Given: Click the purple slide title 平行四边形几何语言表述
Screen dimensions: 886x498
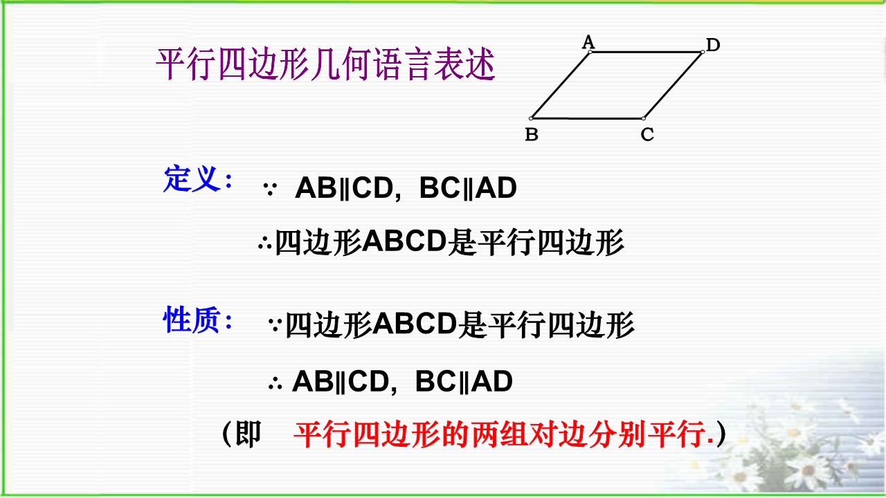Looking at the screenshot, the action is (x=325, y=64).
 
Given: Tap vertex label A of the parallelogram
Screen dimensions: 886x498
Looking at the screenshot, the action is (x=588, y=42).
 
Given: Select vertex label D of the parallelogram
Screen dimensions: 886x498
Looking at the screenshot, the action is (x=713, y=45).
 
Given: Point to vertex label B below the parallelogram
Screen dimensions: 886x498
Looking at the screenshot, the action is (x=532, y=134).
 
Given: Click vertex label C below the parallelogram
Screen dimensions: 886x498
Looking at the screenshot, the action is (x=647, y=134).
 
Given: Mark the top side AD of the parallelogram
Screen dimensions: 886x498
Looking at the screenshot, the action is (x=647, y=52).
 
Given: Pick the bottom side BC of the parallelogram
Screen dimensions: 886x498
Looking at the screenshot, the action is (x=588, y=118).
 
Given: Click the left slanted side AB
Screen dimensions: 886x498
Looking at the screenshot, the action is (x=561, y=85).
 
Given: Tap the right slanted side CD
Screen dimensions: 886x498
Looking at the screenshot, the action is (x=673, y=85).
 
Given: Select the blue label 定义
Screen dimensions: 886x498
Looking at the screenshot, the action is (x=192, y=179).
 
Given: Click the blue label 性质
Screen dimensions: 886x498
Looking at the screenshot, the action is (x=192, y=320).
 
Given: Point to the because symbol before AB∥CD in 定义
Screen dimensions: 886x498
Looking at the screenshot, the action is (x=270, y=190).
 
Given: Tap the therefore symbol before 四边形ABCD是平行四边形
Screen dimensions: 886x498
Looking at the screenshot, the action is (x=264, y=242).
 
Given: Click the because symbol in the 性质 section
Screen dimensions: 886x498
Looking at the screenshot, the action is (x=275, y=324).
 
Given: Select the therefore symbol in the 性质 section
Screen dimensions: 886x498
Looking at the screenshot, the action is (x=275, y=382).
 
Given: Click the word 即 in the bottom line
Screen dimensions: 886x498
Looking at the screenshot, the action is (x=248, y=434).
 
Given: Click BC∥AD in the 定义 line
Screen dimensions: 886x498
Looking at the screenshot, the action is (x=468, y=187).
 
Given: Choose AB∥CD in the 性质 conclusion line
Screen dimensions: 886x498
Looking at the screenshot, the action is (x=340, y=381).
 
